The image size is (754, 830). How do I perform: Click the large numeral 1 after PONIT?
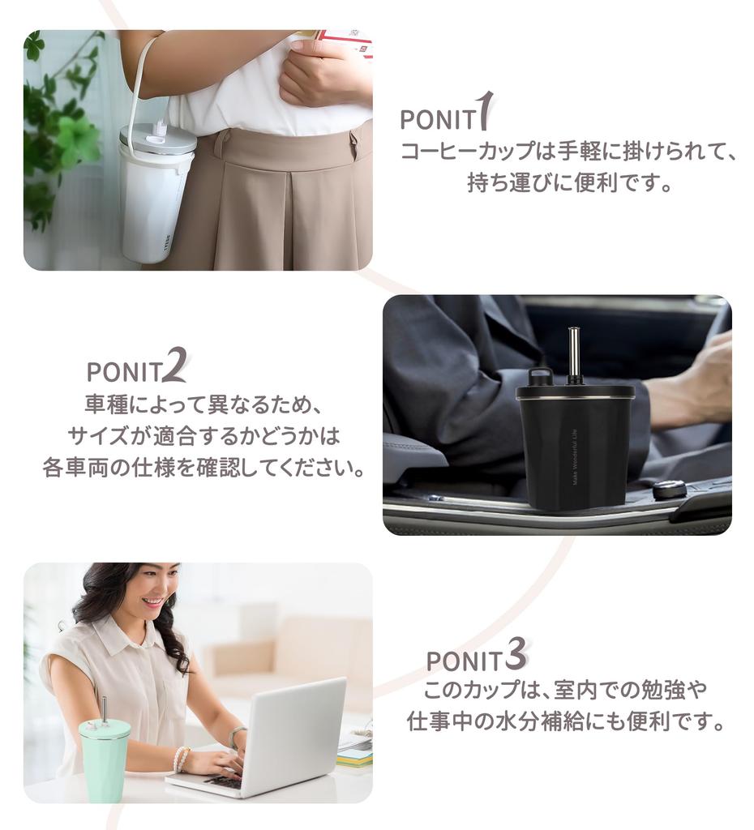coord(486,111)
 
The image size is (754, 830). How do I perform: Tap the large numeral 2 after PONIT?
coord(174,365)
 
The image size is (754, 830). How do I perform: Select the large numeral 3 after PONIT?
coord(516,654)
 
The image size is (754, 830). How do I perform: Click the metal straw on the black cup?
coord(573,354)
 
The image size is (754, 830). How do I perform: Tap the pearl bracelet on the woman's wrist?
coord(182,759)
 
